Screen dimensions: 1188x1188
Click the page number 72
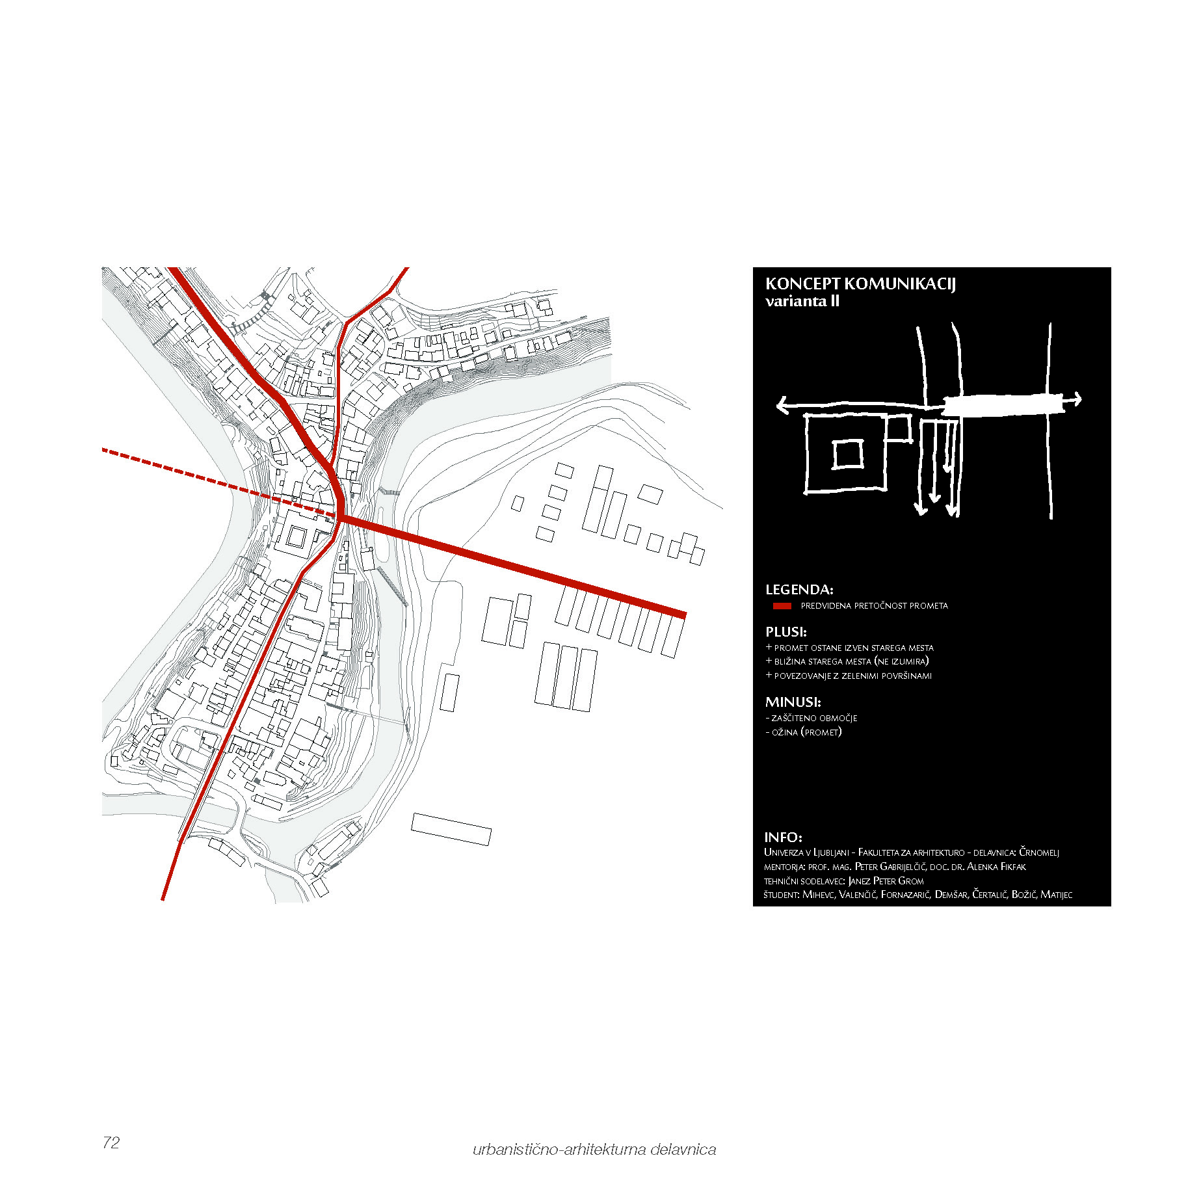[x=111, y=1142]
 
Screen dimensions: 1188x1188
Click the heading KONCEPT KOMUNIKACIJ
[x=860, y=284]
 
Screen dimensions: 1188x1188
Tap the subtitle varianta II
[x=802, y=301]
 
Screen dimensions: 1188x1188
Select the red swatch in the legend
[x=782, y=605]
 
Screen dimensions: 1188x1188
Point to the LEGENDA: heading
[x=799, y=590]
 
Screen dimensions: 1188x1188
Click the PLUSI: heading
[x=786, y=631]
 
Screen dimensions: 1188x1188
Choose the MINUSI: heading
[x=793, y=702]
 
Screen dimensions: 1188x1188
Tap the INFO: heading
[x=783, y=838]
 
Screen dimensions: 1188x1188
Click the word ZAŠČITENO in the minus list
[x=795, y=718]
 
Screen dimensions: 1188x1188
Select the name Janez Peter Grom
[x=886, y=880]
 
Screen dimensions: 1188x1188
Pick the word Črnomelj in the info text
[x=1039, y=852]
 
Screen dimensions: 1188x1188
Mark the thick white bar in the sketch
[x=1003, y=406]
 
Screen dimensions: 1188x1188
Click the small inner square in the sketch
[x=848, y=454]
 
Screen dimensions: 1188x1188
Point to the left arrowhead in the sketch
[x=784, y=405]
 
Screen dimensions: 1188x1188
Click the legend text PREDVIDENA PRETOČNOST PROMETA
[x=874, y=605]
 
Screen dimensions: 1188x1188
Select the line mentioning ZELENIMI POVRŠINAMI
[x=849, y=676]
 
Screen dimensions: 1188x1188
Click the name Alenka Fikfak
[x=996, y=866]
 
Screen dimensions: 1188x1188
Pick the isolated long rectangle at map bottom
[x=451, y=829]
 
